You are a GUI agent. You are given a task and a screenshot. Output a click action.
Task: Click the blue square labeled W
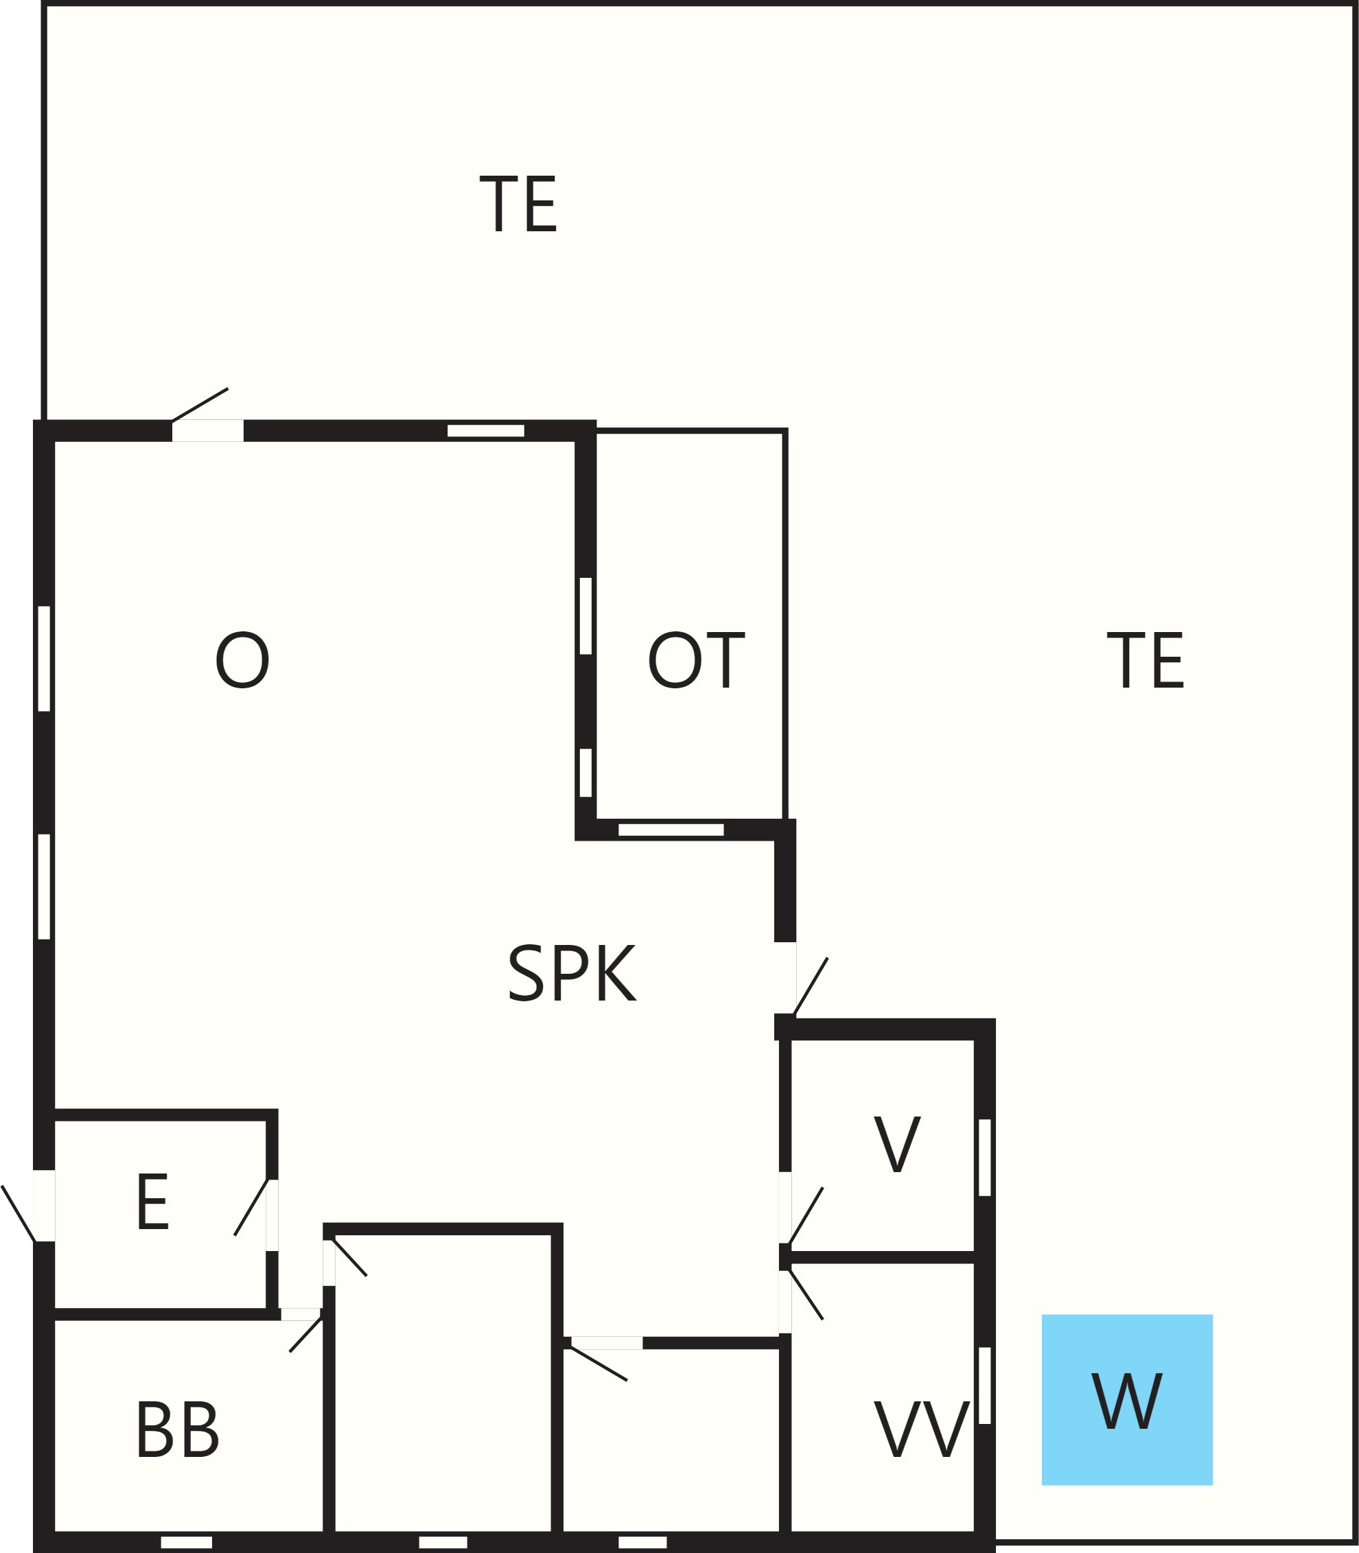(x=1127, y=1399)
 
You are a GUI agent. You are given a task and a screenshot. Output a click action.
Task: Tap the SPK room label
(x=572, y=973)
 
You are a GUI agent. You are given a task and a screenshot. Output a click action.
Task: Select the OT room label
(x=695, y=659)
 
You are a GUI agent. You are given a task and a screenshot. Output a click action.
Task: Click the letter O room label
(x=242, y=659)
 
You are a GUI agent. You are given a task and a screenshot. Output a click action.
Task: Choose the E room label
(x=152, y=1202)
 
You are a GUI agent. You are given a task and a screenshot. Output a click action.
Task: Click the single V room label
(x=897, y=1143)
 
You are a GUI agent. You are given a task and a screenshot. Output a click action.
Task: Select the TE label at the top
(x=519, y=204)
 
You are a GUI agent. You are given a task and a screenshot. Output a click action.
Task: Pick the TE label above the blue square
(x=1145, y=659)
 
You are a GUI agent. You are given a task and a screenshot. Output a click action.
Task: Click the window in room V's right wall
(x=984, y=1157)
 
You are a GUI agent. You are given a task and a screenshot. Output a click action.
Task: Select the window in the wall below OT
(x=671, y=830)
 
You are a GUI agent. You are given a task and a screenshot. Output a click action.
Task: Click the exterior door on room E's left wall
(x=44, y=1206)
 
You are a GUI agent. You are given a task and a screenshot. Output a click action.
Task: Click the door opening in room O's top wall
(x=208, y=430)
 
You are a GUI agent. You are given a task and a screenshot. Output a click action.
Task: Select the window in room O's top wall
(x=486, y=431)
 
